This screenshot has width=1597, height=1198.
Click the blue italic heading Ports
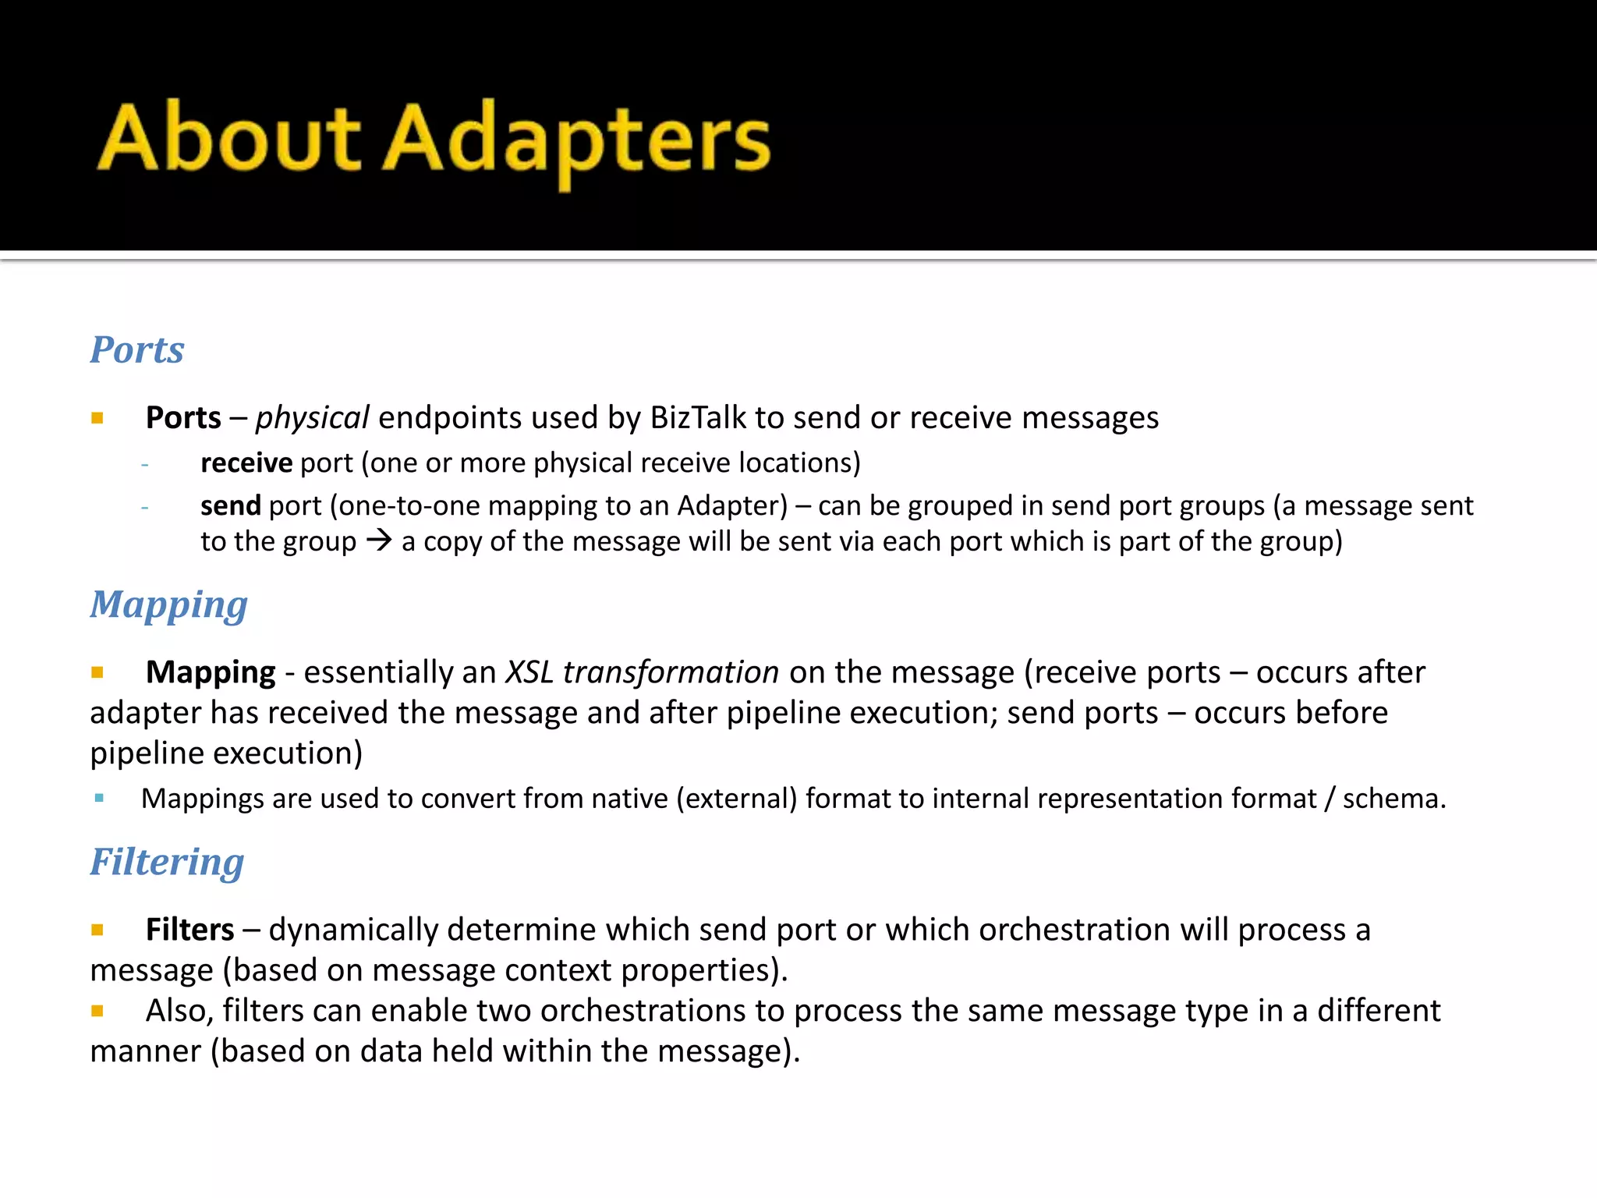[x=137, y=349]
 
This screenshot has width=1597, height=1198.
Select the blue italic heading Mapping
[x=168, y=604]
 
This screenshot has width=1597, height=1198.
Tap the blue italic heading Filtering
[x=167, y=862]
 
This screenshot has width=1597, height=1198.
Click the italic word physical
[x=312, y=418]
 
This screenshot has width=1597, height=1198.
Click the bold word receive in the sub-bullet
[x=246, y=463]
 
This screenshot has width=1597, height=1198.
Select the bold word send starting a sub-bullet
[x=230, y=506]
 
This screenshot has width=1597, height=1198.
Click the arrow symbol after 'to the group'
[x=379, y=541]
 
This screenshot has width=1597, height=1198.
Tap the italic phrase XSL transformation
[x=642, y=672]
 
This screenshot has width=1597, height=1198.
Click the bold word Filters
[x=189, y=930]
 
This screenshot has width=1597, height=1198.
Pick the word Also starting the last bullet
[x=179, y=1011]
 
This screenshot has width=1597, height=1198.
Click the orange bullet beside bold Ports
[x=97, y=418]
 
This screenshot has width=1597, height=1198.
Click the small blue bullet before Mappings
[x=99, y=798]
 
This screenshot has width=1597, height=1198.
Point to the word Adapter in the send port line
[x=731, y=506]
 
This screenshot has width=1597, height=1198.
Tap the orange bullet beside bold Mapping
[x=97, y=672]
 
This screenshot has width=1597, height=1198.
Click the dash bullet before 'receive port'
[x=145, y=465]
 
